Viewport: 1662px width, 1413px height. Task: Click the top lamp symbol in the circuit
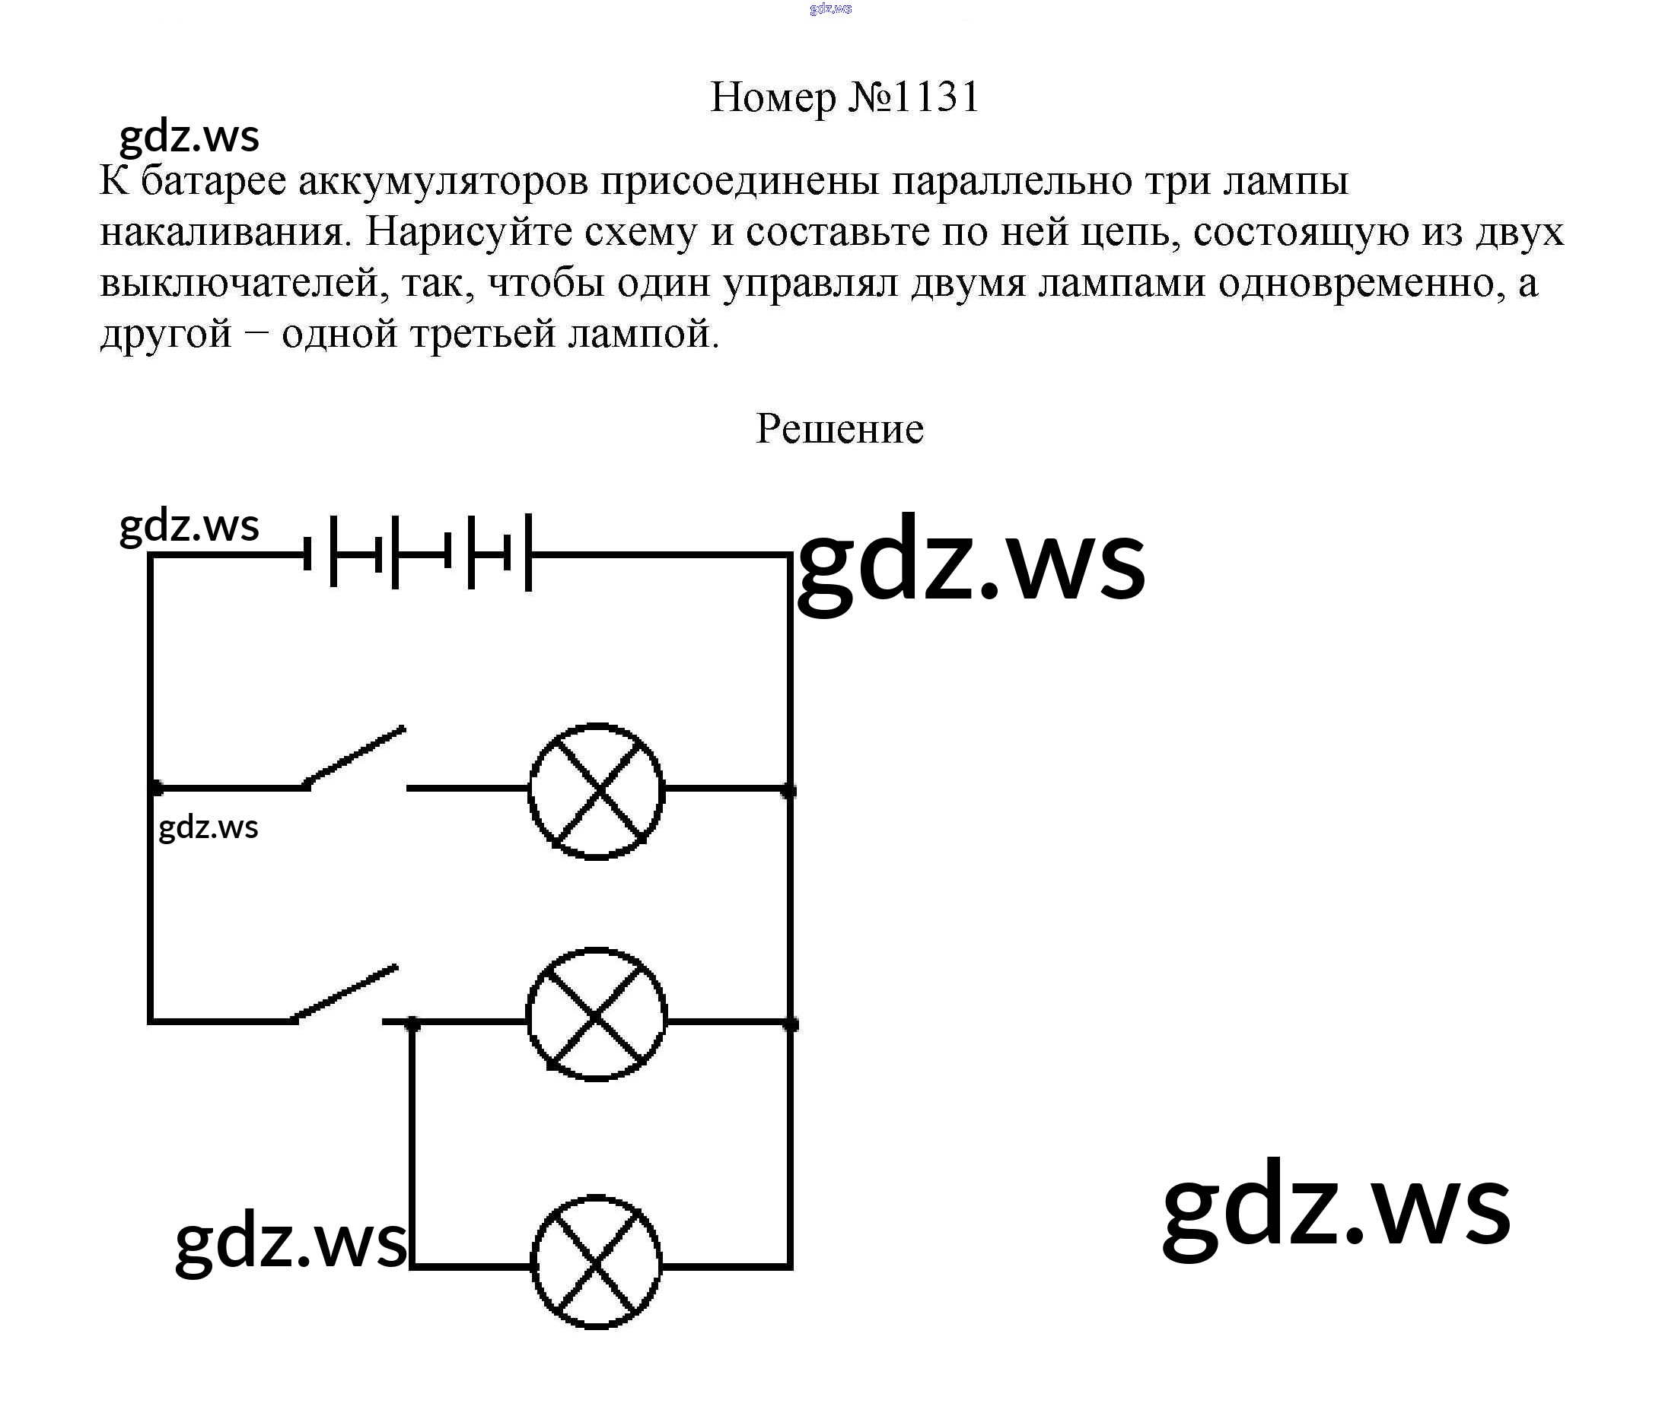(596, 791)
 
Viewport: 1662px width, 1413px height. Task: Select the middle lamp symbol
(596, 1015)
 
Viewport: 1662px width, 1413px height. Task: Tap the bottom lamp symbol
(596, 1263)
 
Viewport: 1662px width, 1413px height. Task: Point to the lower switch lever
(345, 992)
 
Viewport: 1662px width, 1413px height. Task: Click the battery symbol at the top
(419, 553)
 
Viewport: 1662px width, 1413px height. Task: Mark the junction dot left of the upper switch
(156, 789)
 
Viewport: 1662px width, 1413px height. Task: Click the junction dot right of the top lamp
(788, 792)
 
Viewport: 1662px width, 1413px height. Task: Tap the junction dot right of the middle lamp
(790, 1023)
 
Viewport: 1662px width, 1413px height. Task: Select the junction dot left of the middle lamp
(412, 1022)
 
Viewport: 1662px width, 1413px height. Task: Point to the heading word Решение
(839, 429)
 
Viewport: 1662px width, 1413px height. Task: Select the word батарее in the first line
(213, 181)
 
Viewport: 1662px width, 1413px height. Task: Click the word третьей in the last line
(482, 333)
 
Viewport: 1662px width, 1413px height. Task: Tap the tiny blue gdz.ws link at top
(830, 9)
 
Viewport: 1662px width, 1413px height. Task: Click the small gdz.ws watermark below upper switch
(209, 827)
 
